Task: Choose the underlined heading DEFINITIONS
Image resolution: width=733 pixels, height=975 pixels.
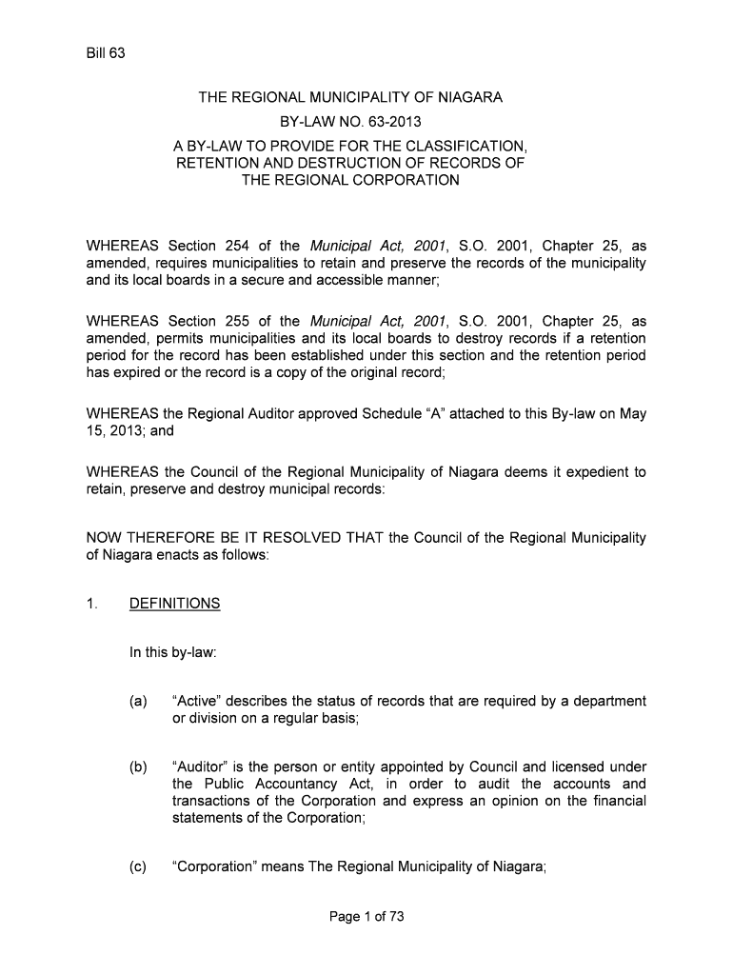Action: click(x=175, y=604)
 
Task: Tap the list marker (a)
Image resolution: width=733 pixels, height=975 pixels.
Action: click(x=139, y=702)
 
